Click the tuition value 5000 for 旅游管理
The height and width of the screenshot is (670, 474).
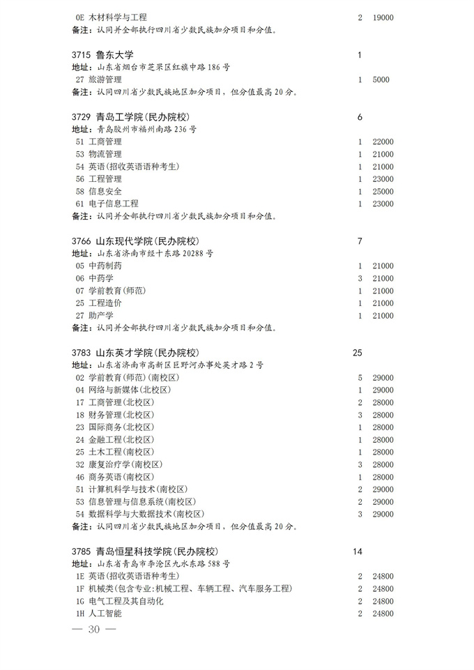[x=381, y=79]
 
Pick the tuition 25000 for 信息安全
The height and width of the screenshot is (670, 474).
[x=383, y=191]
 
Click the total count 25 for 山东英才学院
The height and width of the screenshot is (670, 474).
[x=358, y=353]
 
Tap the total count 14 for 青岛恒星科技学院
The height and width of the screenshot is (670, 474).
[x=358, y=551]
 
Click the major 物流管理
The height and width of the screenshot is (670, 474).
[x=105, y=154]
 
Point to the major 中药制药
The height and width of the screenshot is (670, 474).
[x=105, y=266]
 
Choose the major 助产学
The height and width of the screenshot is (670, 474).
[x=100, y=315]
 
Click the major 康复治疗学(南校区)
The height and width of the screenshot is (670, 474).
[x=125, y=464]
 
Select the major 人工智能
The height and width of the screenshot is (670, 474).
[x=105, y=614]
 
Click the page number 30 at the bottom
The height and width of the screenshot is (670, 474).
[x=95, y=630]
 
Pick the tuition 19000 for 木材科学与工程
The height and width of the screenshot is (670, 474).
[x=383, y=17]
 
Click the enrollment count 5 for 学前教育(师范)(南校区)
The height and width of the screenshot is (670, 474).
[x=360, y=377]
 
